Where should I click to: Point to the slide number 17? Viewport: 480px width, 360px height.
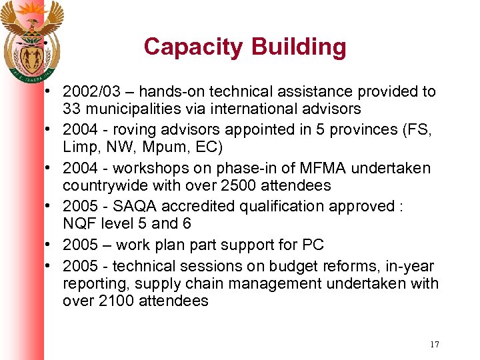(x=434, y=345)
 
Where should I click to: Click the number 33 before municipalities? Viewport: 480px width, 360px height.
(x=71, y=109)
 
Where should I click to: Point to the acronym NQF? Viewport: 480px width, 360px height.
(x=79, y=223)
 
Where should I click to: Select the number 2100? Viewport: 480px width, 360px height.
(x=115, y=301)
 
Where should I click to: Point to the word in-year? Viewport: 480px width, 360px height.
(x=411, y=267)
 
